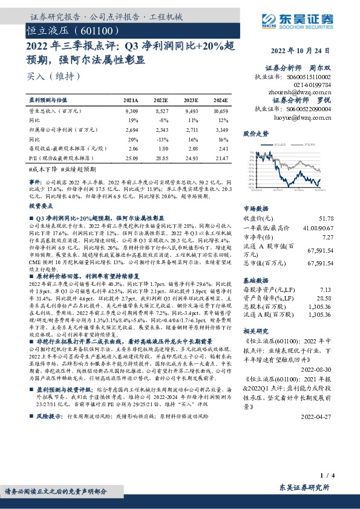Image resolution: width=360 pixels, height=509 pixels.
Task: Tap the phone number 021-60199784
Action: click(315, 85)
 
